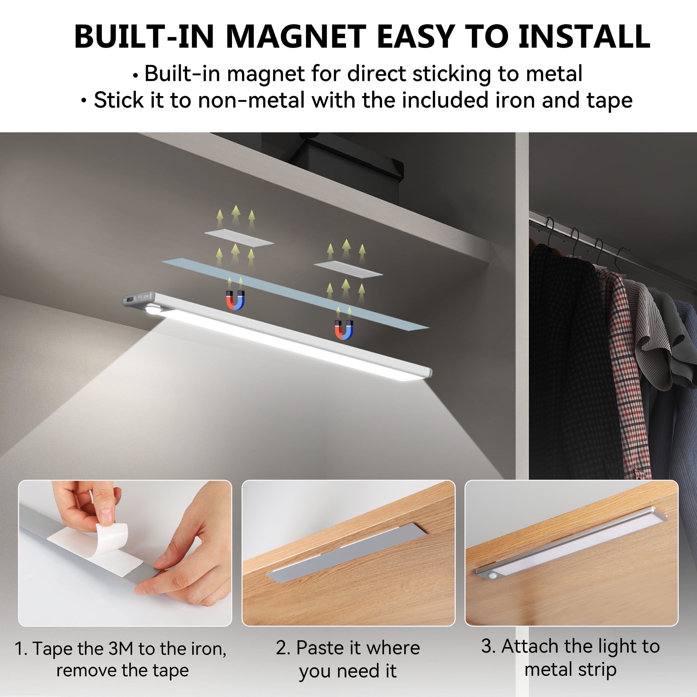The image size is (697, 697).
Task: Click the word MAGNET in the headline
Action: [x=296, y=36]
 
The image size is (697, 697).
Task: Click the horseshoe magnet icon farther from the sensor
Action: [x=344, y=330]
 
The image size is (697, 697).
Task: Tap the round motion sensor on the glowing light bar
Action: [x=153, y=310]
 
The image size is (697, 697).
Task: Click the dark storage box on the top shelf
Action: [x=346, y=162]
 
